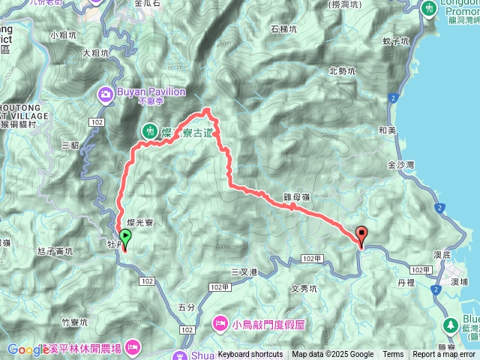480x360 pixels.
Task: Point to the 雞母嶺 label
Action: pyautogui.click(x=297, y=196)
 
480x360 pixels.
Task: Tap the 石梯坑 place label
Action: pyautogui.click(x=284, y=29)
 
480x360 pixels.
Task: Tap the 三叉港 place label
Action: pyautogui.click(x=244, y=271)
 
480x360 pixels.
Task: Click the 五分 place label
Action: pyautogui.click(x=187, y=307)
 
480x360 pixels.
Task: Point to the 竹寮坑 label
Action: pyautogui.click(x=75, y=322)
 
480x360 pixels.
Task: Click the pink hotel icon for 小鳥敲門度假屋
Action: pyautogui.click(x=220, y=323)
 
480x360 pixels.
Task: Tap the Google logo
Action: pyautogui.click(x=28, y=349)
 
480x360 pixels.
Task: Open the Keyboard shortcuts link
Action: pyautogui.click(x=250, y=355)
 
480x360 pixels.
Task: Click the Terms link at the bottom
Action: pyautogui.click(x=393, y=355)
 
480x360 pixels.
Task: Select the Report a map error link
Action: pyautogui.click(x=444, y=355)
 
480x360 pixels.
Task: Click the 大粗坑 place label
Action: pyautogui.click(x=96, y=53)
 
